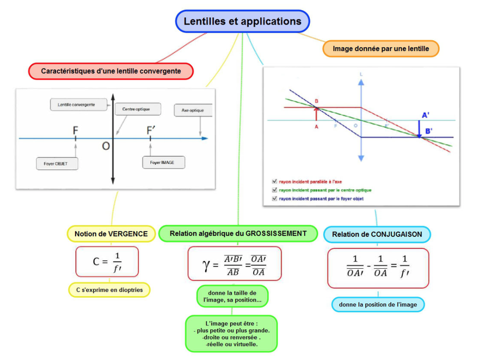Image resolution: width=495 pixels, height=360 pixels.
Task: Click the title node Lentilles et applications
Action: (x=242, y=22)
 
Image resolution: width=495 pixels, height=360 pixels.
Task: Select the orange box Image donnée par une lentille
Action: (x=381, y=49)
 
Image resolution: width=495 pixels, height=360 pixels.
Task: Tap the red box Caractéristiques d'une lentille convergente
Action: (x=111, y=71)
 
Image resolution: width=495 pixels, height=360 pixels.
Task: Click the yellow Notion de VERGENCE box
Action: (x=111, y=234)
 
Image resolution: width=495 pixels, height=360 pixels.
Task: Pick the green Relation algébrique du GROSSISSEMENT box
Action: (x=238, y=234)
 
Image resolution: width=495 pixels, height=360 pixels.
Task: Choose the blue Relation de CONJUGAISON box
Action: (x=377, y=234)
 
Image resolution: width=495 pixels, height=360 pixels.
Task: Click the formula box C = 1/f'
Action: (x=107, y=261)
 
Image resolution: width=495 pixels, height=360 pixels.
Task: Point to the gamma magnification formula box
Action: (x=235, y=264)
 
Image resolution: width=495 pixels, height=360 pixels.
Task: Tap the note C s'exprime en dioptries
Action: (x=110, y=290)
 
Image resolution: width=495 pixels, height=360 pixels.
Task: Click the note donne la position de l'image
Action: (x=378, y=304)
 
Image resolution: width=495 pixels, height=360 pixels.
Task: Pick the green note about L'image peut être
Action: (x=231, y=334)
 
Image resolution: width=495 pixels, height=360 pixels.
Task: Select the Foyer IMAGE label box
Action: (x=163, y=162)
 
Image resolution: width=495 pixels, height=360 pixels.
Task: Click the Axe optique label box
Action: (x=192, y=111)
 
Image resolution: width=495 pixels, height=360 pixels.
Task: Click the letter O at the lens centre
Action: (x=106, y=146)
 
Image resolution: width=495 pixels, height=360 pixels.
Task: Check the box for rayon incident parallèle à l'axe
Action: (x=274, y=181)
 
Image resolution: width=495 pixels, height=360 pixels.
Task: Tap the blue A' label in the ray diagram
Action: (x=425, y=115)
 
